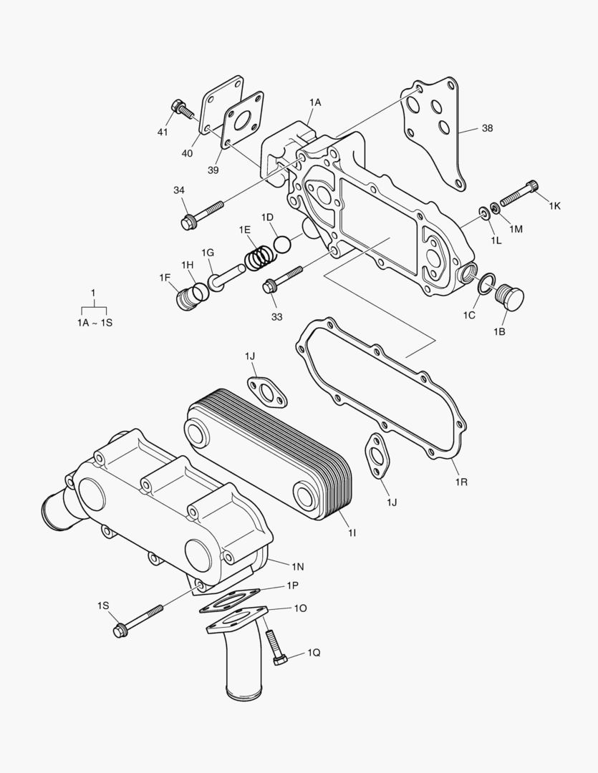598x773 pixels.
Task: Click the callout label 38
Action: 487,129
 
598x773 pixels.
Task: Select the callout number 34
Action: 179,190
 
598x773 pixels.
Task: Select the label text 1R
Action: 461,482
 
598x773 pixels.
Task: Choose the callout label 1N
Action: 297,565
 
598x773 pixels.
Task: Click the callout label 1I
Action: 352,533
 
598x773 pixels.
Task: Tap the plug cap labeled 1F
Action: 187,297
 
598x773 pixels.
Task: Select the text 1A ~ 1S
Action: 95,323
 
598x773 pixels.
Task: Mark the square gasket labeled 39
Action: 243,127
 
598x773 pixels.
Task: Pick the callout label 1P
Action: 292,585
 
